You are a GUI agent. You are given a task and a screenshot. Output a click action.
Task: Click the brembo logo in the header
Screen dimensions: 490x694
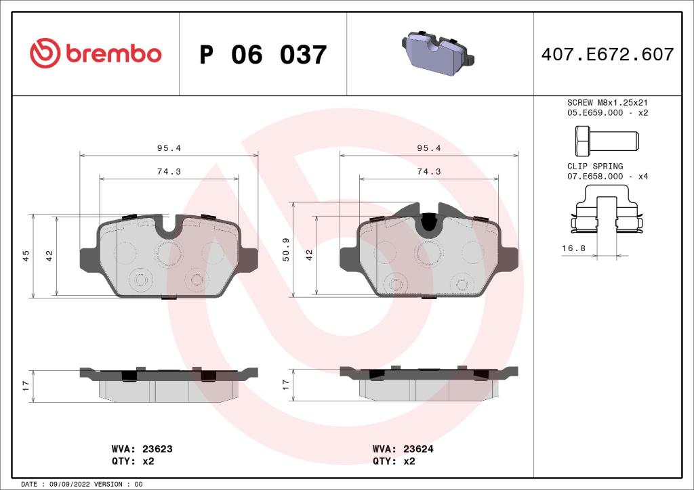pyautogui.click(x=96, y=53)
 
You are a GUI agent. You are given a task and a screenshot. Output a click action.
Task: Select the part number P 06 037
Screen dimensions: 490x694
pyautogui.click(x=263, y=55)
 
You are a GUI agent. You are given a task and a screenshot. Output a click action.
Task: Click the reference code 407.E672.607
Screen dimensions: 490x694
pyautogui.click(x=607, y=54)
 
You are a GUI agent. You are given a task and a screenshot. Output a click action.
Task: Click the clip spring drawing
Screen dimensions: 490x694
pyautogui.click(x=607, y=215)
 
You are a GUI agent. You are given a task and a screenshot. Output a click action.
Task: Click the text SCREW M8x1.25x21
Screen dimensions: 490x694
pyautogui.click(x=607, y=102)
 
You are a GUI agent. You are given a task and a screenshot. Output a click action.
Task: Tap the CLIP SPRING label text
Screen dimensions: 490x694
pyautogui.click(x=595, y=166)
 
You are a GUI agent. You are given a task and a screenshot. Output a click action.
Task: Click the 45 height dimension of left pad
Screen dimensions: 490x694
pyautogui.click(x=26, y=255)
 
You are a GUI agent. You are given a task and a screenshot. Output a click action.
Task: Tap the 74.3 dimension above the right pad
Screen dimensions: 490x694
pyautogui.click(x=428, y=171)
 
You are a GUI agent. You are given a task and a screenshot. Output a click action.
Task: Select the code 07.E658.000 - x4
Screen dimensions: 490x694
pyautogui.click(x=607, y=176)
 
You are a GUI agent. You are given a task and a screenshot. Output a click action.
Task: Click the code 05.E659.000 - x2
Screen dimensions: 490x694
pyautogui.click(x=607, y=112)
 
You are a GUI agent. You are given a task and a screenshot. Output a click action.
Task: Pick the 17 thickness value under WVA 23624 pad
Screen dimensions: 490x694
pyautogui.click(x=286, y=384)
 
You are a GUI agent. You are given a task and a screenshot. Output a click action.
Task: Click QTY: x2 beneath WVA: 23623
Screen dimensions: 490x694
pyautogui.click(x=133, y=461)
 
